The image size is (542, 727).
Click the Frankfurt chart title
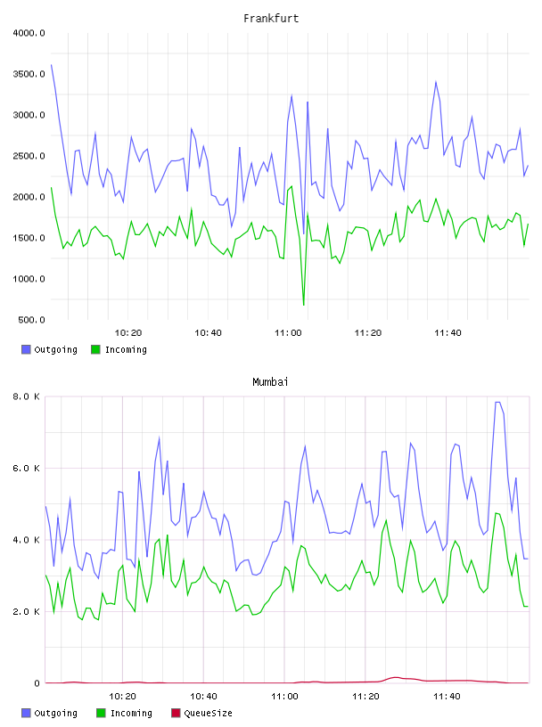271,19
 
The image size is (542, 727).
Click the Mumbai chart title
270,382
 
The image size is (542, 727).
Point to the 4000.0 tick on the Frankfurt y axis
29,33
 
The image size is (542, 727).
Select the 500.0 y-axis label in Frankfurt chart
31,320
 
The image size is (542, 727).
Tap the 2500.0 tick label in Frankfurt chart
29,156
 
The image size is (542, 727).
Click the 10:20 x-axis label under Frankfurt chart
128,333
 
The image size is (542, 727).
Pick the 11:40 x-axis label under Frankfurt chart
448,333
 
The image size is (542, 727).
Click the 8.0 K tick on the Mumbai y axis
26,396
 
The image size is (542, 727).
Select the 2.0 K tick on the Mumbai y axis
26,611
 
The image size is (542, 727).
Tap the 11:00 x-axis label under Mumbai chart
284,697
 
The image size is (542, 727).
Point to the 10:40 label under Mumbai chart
203,697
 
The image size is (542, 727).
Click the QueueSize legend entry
201,713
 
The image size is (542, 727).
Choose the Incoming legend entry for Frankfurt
119,349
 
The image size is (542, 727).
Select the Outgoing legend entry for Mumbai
50,713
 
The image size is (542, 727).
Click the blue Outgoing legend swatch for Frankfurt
26,349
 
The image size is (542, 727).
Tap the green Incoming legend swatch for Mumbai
101,713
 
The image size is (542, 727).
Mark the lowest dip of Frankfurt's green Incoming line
303,305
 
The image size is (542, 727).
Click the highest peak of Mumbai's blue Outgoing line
497,402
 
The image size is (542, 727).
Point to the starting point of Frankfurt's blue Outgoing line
51,65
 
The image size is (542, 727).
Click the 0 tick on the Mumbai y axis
37,683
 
